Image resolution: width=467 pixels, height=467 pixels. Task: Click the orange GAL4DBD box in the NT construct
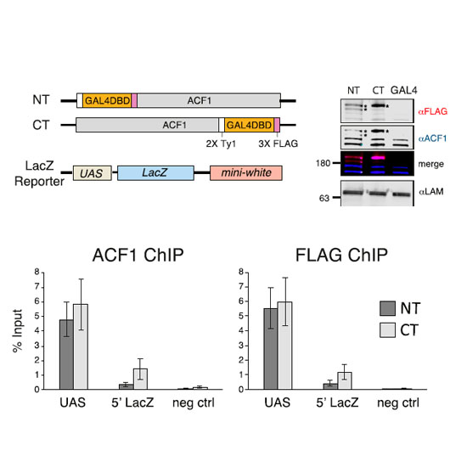[107, 101]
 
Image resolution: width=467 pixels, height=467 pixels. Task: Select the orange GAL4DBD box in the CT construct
[250, 125]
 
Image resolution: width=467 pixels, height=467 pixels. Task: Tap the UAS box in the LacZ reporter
[93, 173]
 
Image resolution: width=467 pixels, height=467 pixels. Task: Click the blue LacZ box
[155, 173]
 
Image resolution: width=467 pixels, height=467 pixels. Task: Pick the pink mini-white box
[246, 173]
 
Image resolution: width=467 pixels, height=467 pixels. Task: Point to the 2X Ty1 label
[221, 143]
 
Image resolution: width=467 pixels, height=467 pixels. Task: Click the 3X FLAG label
[278, 143]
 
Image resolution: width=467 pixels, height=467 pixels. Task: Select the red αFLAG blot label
[433, 111]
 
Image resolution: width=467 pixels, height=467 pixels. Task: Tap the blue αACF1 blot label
[432, 138]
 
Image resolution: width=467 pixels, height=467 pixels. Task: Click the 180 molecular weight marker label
[324, 163]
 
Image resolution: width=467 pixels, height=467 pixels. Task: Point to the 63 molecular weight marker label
[324, 198]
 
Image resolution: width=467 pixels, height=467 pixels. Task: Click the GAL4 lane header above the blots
[404, 90]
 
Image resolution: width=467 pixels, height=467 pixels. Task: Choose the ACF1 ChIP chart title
[138, 256]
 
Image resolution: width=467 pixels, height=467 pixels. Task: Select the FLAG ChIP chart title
[341, 256]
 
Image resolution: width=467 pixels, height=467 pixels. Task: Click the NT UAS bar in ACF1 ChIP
[66, 354]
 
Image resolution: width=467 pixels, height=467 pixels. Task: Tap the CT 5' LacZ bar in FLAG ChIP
[345, 380]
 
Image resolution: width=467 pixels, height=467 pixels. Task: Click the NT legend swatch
[387, 308]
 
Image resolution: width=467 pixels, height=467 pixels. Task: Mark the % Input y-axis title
[18, 331]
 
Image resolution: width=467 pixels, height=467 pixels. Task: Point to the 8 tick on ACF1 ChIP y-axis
[37, 272]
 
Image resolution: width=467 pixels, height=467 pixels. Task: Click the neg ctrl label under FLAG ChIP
[398, 402]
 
